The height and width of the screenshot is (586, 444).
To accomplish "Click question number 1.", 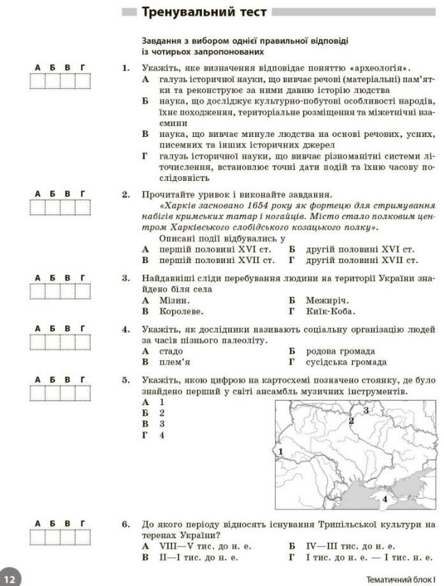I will coord(125,68).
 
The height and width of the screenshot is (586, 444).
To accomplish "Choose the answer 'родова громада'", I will coord(340,351).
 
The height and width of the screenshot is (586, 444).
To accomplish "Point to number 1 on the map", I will coord(281,451).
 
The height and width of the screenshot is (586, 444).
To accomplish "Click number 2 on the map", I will coord(350,420).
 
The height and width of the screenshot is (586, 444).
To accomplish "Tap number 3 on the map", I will coord(366,411).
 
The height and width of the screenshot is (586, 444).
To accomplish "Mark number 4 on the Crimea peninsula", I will coord(384,499).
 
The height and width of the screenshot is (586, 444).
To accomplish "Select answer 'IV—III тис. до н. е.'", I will coord(350,546).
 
